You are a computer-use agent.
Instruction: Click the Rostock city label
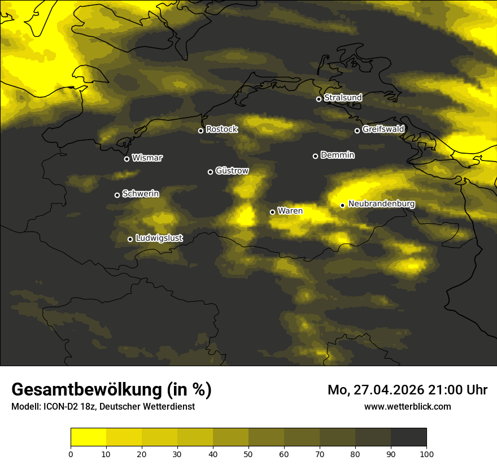221,129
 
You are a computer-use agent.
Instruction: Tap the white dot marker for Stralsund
319,99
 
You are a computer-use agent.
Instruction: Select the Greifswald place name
383,129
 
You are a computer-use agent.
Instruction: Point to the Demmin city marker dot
315,156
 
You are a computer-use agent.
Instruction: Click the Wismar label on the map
147,158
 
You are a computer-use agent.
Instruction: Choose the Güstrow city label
232,171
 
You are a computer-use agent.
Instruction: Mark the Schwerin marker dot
117,195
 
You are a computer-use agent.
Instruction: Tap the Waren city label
290,211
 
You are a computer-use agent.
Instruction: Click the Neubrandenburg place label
381,204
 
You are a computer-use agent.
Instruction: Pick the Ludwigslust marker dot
130,239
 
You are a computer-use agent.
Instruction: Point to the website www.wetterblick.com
407,406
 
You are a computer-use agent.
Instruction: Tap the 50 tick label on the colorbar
249,454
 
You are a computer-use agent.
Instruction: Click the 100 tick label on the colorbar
426,454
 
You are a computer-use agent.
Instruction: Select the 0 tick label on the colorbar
71,454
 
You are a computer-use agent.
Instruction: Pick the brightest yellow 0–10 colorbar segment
88,437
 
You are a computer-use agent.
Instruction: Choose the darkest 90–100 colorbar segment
408,437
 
